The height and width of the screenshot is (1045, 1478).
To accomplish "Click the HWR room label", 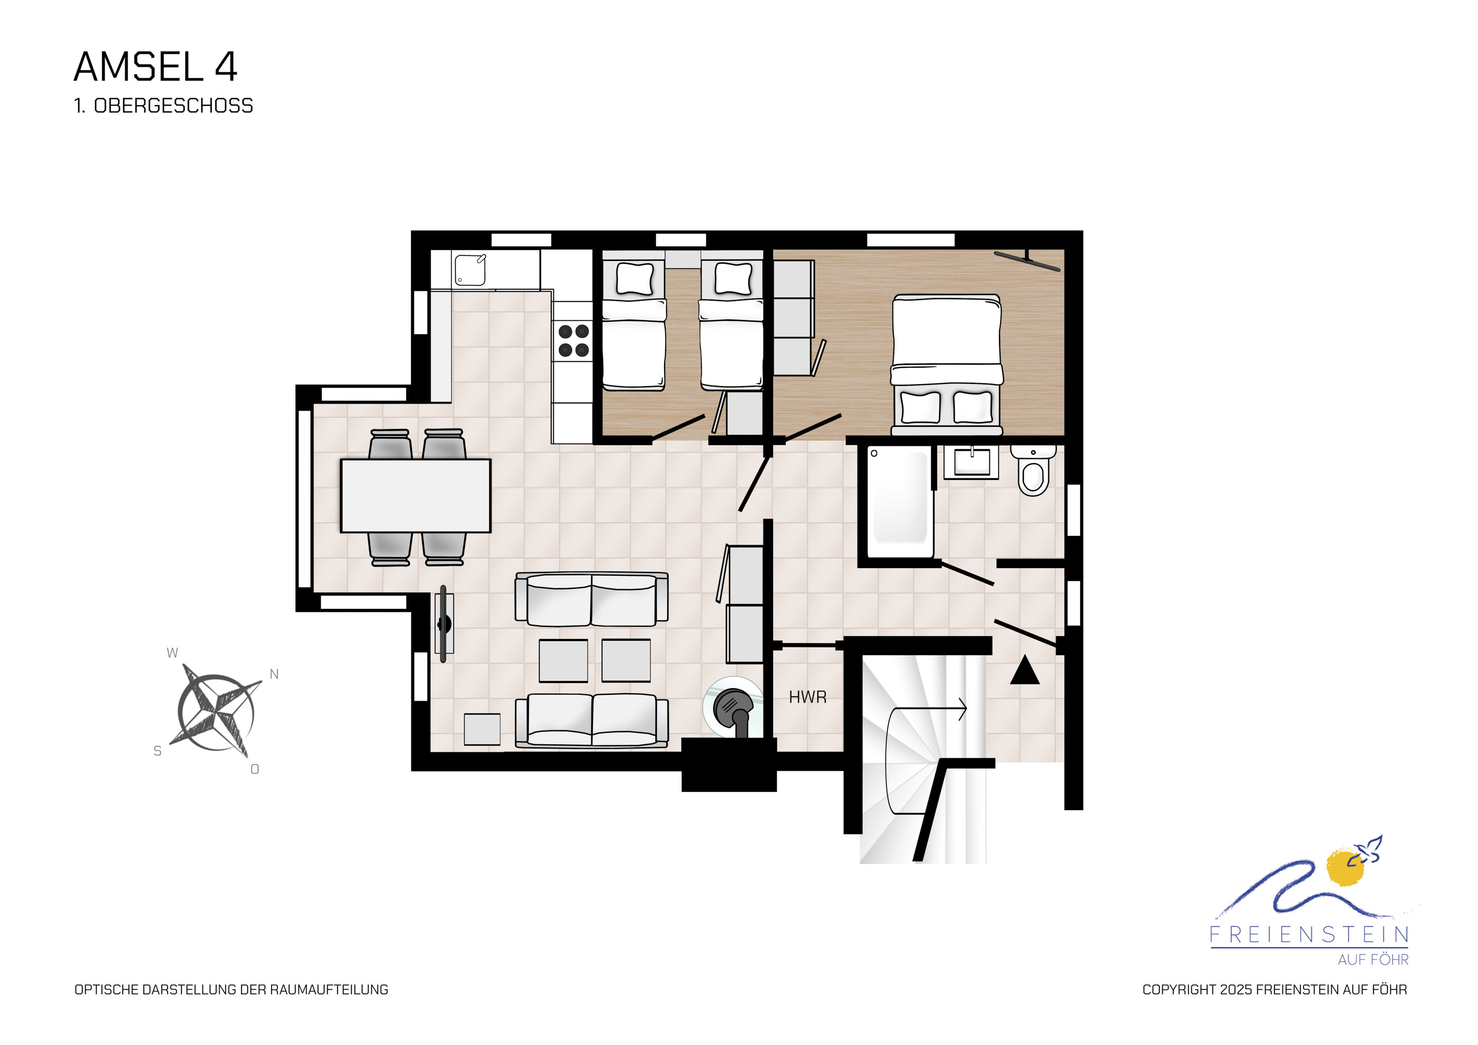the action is point(807,697).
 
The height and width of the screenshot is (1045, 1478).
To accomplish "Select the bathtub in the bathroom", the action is point(899,503).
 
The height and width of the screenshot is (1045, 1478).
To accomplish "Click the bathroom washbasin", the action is point(972,462).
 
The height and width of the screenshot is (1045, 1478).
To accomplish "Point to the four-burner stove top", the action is point(573,340).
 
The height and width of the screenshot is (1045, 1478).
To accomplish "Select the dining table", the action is point(416,496).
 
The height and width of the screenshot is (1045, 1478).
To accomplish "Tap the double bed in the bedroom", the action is point(946,365).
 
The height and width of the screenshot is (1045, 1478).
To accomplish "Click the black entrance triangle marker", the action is point(1025,670).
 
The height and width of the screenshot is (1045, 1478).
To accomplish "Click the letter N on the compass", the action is point(274,674).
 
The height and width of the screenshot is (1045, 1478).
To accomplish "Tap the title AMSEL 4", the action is point(156,67).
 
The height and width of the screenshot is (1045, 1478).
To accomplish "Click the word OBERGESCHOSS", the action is point(174,105).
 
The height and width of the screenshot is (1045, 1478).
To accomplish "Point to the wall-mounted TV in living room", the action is point(443,623).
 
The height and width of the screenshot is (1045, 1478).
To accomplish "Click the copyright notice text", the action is point(1275,990).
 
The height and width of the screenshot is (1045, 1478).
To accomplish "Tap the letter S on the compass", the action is point(158,751).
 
